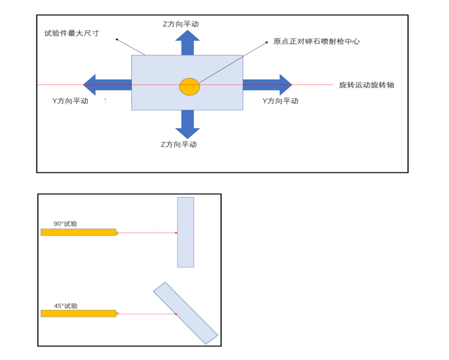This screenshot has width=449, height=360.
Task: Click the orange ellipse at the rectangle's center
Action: (189, 86)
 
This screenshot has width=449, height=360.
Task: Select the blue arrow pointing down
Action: (188, 125)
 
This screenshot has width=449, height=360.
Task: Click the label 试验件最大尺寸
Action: (72, 33)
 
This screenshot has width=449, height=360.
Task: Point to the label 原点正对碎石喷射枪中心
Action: (316, 42)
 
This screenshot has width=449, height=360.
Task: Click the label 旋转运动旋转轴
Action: (366, 85)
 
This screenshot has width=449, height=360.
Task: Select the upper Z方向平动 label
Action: (180, 24)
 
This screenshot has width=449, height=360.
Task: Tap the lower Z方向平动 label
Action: (179, 144)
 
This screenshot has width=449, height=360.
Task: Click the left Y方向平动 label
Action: (70, 101)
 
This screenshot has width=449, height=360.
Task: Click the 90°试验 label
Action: (65, 224)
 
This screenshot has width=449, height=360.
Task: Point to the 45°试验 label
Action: (66, 306)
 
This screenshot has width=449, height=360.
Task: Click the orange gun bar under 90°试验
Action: (79, 232)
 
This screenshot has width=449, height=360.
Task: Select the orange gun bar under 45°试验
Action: (79, 313)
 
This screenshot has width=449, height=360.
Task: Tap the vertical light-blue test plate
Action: (185, 232)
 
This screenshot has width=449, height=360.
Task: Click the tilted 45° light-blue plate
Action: (185, 313)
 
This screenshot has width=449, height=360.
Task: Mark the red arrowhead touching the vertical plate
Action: (176, 233)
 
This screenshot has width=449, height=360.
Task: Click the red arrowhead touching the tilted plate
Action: (176, 314)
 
